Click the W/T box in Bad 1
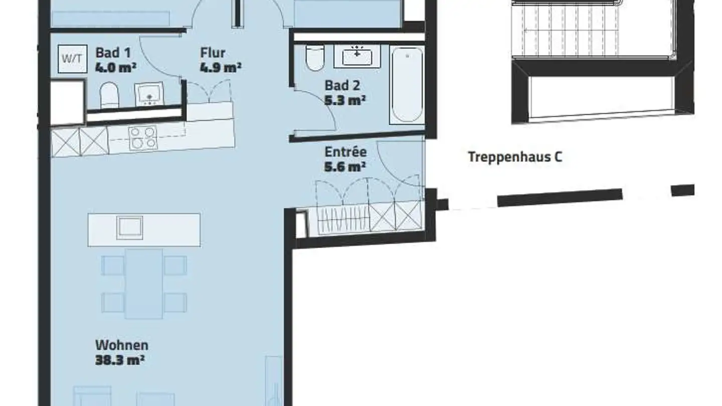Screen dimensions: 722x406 tap(73, 59)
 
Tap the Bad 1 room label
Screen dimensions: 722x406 tap(113, 53)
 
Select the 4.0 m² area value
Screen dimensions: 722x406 tap(116, 68)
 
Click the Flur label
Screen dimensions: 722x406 tap(213, 53)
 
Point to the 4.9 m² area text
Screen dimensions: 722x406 tap(221, 68)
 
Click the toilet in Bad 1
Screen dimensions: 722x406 tap(109, 95)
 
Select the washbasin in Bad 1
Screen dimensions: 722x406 tap(149, 94)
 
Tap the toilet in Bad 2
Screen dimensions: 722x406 tap(314, 58)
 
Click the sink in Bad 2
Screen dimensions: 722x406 tap(357, 56)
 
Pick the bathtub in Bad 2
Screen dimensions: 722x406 tap(407, 85)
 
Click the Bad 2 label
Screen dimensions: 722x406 tap(342, 86)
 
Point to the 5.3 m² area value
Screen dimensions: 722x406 tap(345, 101)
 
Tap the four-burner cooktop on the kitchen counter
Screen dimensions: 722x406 tap(143, 137)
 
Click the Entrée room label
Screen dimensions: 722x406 tap(345, 152)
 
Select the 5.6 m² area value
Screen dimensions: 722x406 tap(345, 167)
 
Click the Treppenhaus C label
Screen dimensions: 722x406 tap(515, 157)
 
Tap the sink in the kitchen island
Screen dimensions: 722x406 tap(129, 228)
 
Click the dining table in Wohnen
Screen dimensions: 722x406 tap(144, 284)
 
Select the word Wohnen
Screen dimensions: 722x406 tap(122, 345)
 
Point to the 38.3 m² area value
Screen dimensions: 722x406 tap(120, 360)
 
